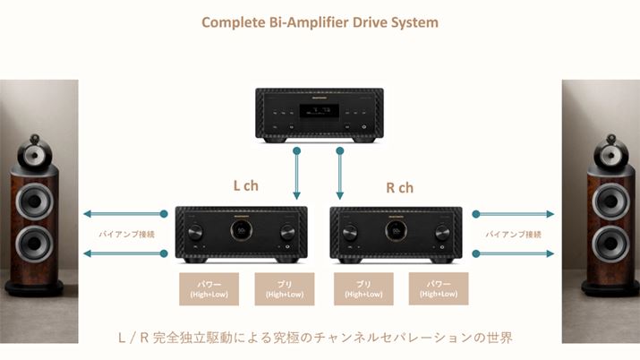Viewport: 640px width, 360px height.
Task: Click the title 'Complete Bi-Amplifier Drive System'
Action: [320, 21]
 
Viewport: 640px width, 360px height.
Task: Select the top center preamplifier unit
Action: [320, 114]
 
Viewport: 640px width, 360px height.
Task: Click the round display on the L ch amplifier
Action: [243, 231]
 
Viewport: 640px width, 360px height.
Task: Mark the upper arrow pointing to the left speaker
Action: [123, 214]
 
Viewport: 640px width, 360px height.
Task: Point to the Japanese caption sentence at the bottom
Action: [320, 338]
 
